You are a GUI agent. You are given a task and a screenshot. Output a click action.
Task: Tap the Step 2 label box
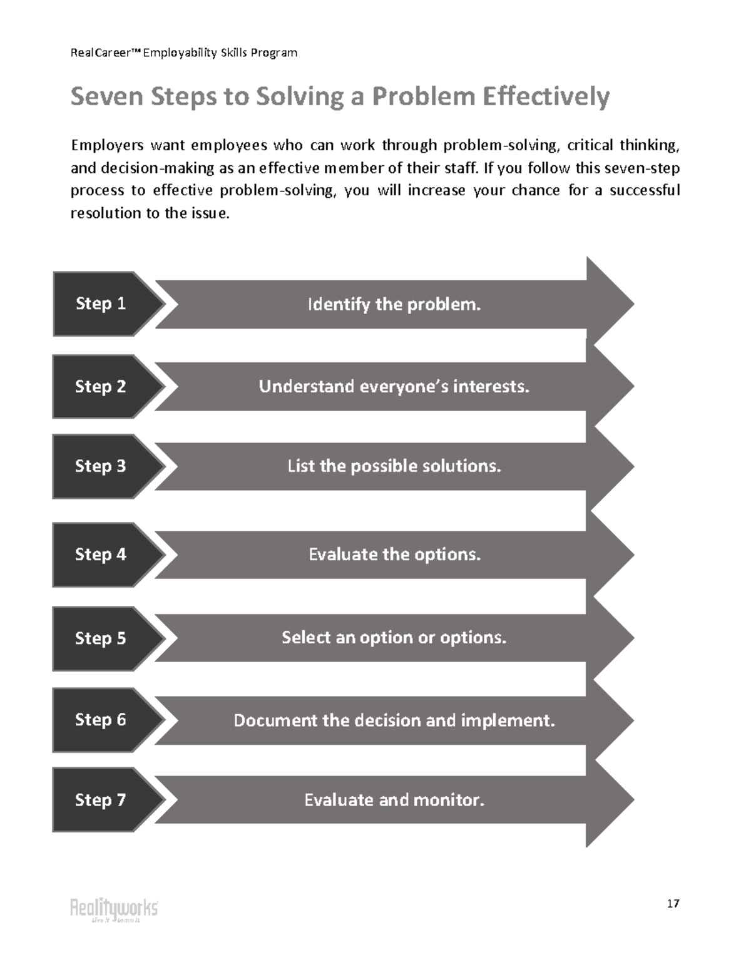(101, 387)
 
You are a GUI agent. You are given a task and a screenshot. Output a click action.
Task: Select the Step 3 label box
(101, 466)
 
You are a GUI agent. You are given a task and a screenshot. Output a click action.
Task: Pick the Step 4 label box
(101, 555)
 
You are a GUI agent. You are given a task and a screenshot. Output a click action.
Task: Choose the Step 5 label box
(101, 638)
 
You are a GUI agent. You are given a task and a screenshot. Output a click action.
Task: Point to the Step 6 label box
(101, 720)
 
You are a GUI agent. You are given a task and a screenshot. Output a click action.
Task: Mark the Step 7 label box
(101, 800)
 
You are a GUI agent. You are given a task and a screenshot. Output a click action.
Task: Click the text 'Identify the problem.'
(394, 305)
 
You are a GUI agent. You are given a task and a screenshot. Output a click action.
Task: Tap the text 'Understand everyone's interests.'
(394, 387)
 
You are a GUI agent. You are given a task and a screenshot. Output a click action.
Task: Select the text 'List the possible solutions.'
(394, 466)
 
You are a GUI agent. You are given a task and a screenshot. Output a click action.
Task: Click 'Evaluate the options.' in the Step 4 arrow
(394, 555)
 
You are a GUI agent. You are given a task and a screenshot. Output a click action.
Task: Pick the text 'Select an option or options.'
(394, 638)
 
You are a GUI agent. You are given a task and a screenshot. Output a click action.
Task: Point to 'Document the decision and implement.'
(394, 720)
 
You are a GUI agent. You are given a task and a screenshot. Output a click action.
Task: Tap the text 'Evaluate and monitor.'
(394, 800)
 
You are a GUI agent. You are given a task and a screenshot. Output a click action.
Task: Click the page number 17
(673, 904)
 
